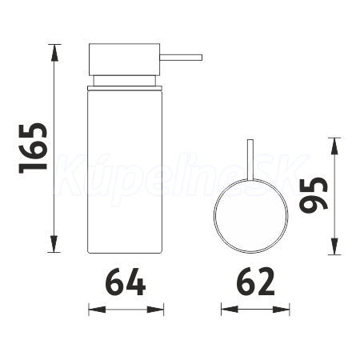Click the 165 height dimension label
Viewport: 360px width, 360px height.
33,148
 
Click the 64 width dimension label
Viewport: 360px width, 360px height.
126,282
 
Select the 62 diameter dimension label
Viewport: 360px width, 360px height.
255,282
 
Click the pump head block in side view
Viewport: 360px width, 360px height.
124,59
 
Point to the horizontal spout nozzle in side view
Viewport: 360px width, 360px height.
181,58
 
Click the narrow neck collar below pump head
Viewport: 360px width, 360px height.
124,81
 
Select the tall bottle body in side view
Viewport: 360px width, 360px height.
125,171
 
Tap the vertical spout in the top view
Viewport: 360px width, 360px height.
250,159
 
